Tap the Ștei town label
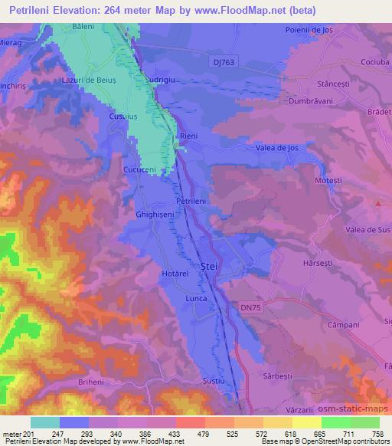tap(208, 265)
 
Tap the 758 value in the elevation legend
tap(378, 434)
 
